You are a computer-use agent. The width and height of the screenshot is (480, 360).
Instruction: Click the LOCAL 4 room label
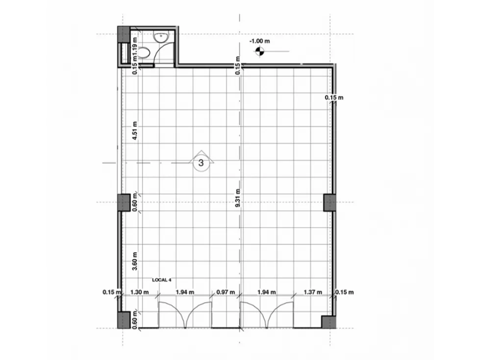click(161, 280)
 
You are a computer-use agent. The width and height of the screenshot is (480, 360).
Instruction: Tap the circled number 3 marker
click(201, 163)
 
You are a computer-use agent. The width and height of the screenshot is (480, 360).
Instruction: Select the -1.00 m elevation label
click(260, 41)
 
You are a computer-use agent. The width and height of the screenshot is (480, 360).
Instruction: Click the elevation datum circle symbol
click(259, 51)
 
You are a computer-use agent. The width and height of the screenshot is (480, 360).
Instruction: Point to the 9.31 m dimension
click(238, 198)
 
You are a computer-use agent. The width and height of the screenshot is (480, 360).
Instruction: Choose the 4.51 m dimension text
click(135, 131)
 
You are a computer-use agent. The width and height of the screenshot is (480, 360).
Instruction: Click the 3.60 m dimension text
click(135, 261)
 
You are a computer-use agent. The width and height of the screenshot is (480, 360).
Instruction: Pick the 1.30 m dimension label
click(140, 292)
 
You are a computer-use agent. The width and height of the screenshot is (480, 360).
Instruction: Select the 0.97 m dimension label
click(226, 292)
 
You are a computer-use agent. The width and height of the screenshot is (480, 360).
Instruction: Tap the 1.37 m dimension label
click(312, 292)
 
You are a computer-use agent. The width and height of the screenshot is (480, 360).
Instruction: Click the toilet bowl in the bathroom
click(144, 52)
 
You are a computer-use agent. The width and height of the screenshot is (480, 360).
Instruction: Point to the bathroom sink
click(161, 37)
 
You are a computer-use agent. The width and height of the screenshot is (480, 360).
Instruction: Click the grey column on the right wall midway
click(329, 203)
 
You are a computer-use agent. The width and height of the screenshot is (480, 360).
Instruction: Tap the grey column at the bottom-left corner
click(124, 320)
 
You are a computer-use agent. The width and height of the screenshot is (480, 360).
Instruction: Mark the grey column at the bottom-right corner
click(329, 322)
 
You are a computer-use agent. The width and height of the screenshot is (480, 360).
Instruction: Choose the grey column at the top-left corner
click(124, 34)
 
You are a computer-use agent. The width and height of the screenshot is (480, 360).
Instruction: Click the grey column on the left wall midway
click(124, 203)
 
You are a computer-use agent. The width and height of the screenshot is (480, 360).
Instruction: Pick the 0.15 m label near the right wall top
click(334, 98)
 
